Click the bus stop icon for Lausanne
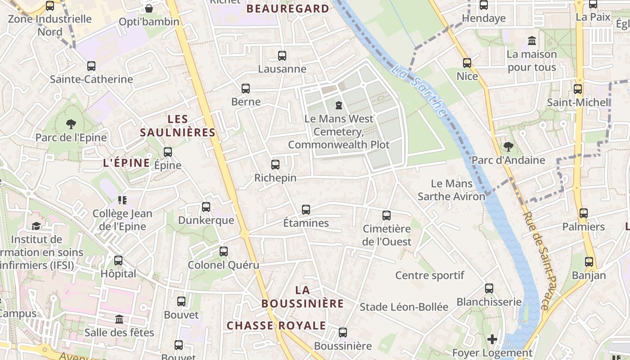coord(282,56)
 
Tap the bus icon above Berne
coord(246,89)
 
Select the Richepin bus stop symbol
coord(275,165)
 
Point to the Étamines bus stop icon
coord(306,210)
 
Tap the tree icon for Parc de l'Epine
coord(71,124)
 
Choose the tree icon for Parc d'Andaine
coord(508,147)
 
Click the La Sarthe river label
coord(419,90)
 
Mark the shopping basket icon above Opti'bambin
coord(149,9)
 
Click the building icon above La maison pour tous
coord(532,41)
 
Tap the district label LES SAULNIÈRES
coord(177,126)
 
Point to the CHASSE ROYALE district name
coord(276,325)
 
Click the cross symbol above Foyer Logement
coord(492,339)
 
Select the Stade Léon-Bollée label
coord(404,307)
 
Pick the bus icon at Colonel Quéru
coord(224,252)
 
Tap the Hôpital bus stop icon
coord(118,261)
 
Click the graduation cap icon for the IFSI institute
coord(36,226)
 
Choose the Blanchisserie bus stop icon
coord(489,288)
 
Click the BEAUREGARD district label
coord(288,9)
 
